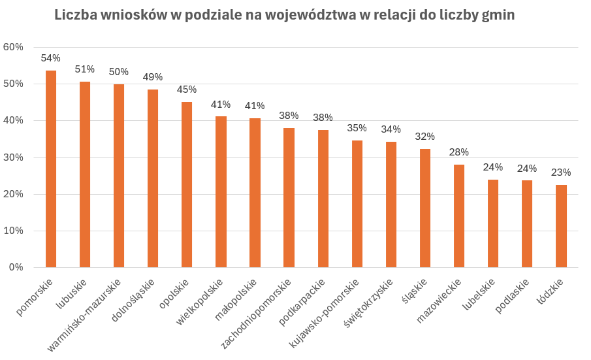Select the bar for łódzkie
561,226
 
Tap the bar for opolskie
187,184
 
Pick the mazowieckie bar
459,216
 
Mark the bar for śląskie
425,208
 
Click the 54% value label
51,58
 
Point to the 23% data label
561,172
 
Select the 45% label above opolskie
187,90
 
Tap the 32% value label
425,137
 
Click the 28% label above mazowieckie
459,152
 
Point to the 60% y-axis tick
13,47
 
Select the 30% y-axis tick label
13,157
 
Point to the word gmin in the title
498,15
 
